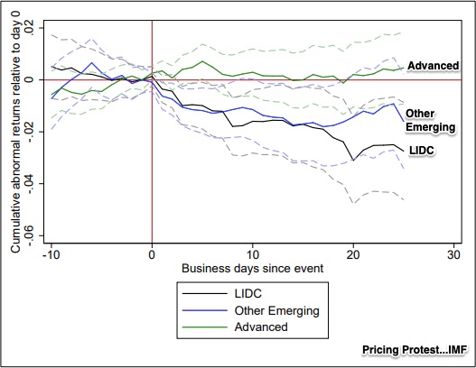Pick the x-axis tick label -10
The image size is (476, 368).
[51, 253]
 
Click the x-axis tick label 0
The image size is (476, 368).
[152, 253]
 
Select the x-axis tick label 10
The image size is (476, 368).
[252, 253]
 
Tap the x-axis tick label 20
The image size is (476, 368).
[353, 253]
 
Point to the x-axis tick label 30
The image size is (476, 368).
[453, 253]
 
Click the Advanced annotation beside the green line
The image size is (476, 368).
[434, 66]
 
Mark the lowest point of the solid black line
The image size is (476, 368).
[353, 161]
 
